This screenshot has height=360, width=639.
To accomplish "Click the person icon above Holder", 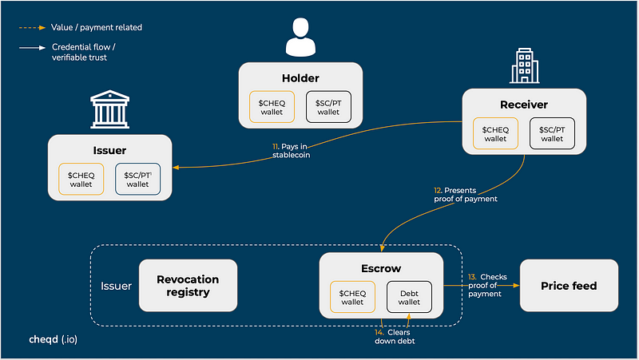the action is (x=300, y=37).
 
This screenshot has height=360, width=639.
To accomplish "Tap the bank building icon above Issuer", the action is (x=109, y=109).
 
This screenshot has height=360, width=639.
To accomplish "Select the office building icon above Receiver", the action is (x=525, y=65).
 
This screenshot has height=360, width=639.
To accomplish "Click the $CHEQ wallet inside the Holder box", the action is (x=272, y=107).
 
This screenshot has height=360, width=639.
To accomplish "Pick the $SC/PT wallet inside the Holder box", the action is (x=328, y=107).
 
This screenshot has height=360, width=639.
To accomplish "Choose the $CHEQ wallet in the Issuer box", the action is (x=81, y=179).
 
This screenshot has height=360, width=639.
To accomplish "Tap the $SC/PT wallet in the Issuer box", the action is (x=137, y=179).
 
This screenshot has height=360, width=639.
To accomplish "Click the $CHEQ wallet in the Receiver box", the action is (x=495, y=133).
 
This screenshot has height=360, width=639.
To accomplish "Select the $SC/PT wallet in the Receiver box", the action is (x=552, y=133).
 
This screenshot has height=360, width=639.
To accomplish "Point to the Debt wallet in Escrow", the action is (x=409, y=297).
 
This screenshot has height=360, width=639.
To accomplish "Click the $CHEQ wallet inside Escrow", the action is (x=352, y=297).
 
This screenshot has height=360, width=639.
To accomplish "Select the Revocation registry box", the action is (x=188, y=286).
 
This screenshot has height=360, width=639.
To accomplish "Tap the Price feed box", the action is (x=569, y=286).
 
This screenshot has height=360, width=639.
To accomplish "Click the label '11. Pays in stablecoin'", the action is (x=291, y=151).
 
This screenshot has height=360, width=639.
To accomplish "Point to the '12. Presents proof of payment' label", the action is (x=466, y=195).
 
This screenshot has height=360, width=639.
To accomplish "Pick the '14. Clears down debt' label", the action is (x=395, y=337).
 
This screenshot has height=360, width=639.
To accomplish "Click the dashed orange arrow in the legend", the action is (x=32, y=28).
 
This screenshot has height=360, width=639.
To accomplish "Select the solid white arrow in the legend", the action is (x=32, y=48).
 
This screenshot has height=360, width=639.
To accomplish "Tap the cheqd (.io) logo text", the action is (x=53, y=339).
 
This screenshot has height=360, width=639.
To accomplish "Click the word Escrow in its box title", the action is (x=381, y=268).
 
